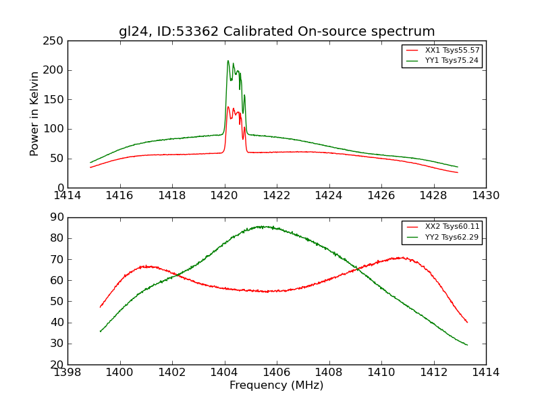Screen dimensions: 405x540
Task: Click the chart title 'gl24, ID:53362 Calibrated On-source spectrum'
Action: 277,32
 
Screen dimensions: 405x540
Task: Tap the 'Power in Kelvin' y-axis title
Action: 35,114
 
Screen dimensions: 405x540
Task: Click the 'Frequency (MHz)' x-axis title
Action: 277,385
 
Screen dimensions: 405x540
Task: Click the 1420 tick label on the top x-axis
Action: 224,196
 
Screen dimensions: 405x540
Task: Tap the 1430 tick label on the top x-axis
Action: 486,196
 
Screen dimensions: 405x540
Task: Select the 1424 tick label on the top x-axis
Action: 329,196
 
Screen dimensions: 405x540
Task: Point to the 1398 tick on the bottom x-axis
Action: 67,372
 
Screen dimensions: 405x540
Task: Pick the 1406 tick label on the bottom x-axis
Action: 277,372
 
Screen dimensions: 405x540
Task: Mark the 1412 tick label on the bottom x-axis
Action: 433,372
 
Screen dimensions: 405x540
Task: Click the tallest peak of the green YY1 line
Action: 228,61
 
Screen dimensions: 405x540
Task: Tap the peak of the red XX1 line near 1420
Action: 228,107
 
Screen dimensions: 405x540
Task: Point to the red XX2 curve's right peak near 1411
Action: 402,257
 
